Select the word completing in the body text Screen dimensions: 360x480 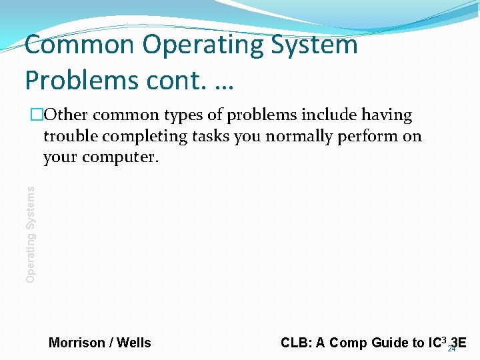pyautogui.click(x=144, y=137)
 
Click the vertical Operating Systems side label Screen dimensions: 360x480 pyautogui.click(x=30, y=233)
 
